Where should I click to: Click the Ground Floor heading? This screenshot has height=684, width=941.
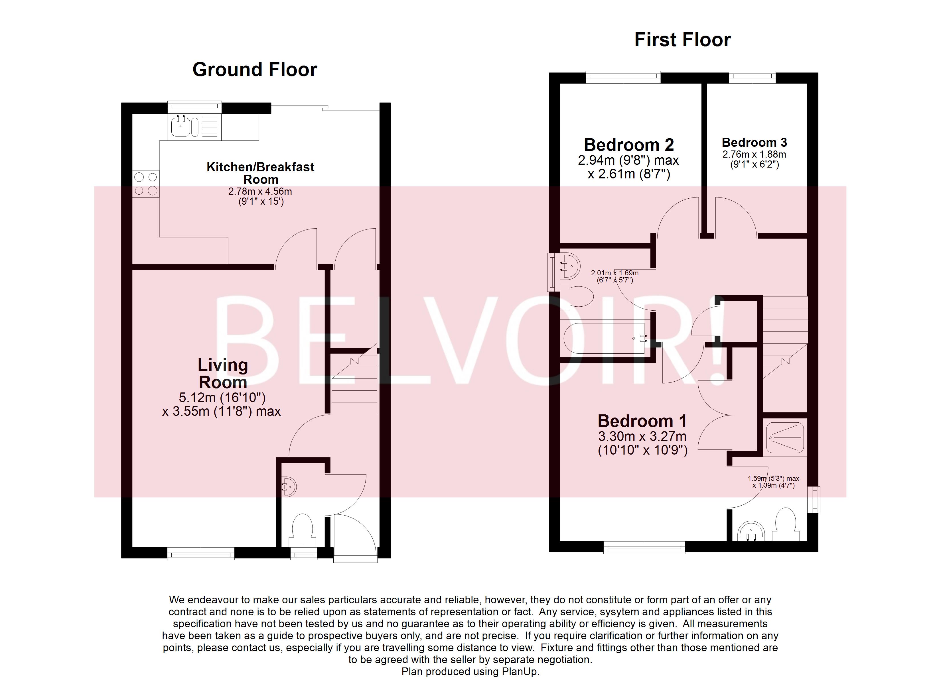255,70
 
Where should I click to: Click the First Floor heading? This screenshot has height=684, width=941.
683,40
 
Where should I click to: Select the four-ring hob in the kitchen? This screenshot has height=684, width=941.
146,184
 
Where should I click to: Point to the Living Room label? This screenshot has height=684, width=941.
223,373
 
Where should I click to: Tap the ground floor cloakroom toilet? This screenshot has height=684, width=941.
302,530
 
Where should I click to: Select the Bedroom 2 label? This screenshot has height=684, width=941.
628,145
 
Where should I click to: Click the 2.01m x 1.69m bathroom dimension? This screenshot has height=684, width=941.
615,273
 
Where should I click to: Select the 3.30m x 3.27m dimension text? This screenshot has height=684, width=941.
642,436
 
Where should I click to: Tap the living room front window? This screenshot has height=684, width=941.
201,553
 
